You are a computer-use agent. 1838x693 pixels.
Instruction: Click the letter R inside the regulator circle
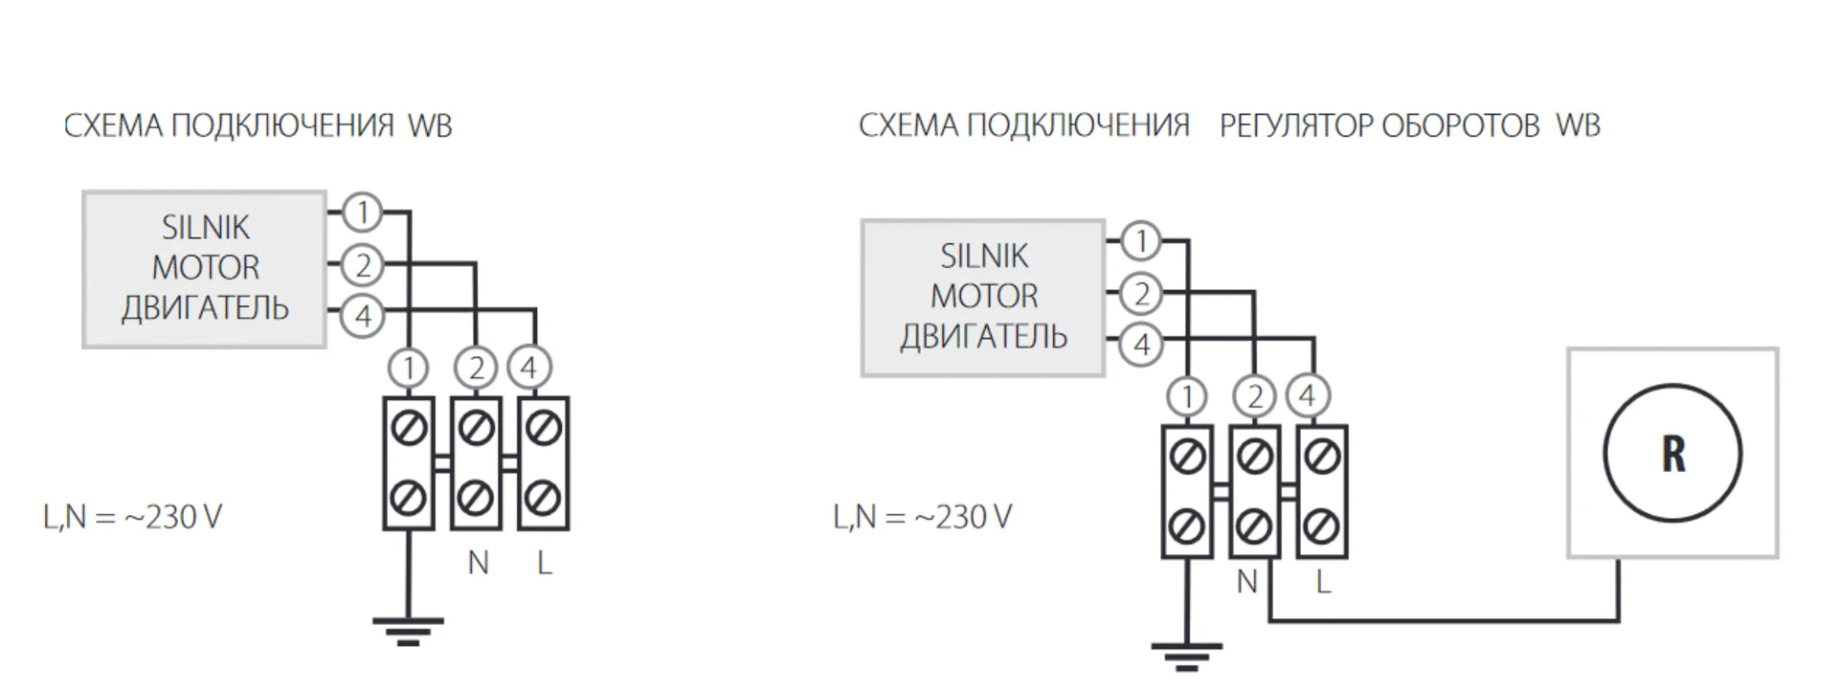(x=1672, y=454)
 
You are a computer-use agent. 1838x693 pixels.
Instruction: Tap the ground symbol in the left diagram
(x=408, y=630)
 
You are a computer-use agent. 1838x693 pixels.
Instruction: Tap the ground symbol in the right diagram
(x=1186, y=657)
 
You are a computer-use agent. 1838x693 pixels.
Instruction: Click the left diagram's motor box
(x=205, y=269)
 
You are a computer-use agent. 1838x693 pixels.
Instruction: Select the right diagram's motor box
(x=983, y=298)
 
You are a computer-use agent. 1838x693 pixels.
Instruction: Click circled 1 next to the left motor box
(x=362, y=212)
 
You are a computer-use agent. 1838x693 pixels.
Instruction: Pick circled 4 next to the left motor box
(x=362, y=316)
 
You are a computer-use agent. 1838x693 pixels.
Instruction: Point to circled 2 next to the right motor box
(x=1141, y=293)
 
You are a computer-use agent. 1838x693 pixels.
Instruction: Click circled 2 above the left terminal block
(x=476, y=368)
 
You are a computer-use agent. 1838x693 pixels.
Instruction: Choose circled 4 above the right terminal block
(x=1308, y=395)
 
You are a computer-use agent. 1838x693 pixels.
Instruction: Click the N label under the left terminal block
(x=478, y=563)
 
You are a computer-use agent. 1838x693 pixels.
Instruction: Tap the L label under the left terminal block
(x=544, y=563)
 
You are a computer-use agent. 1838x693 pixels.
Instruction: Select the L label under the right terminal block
(x=1323, y=581)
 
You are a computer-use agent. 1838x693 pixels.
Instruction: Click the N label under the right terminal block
(x=1246, y=581)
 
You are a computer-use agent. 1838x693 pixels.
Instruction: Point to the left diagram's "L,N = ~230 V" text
(x=132, y=517)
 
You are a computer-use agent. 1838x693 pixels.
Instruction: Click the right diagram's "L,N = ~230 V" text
(x=922, y=517)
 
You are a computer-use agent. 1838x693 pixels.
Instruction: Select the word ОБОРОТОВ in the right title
(x=1460, y=125)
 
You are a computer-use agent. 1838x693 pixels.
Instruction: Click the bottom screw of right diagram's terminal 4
(x=1322, y=525)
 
